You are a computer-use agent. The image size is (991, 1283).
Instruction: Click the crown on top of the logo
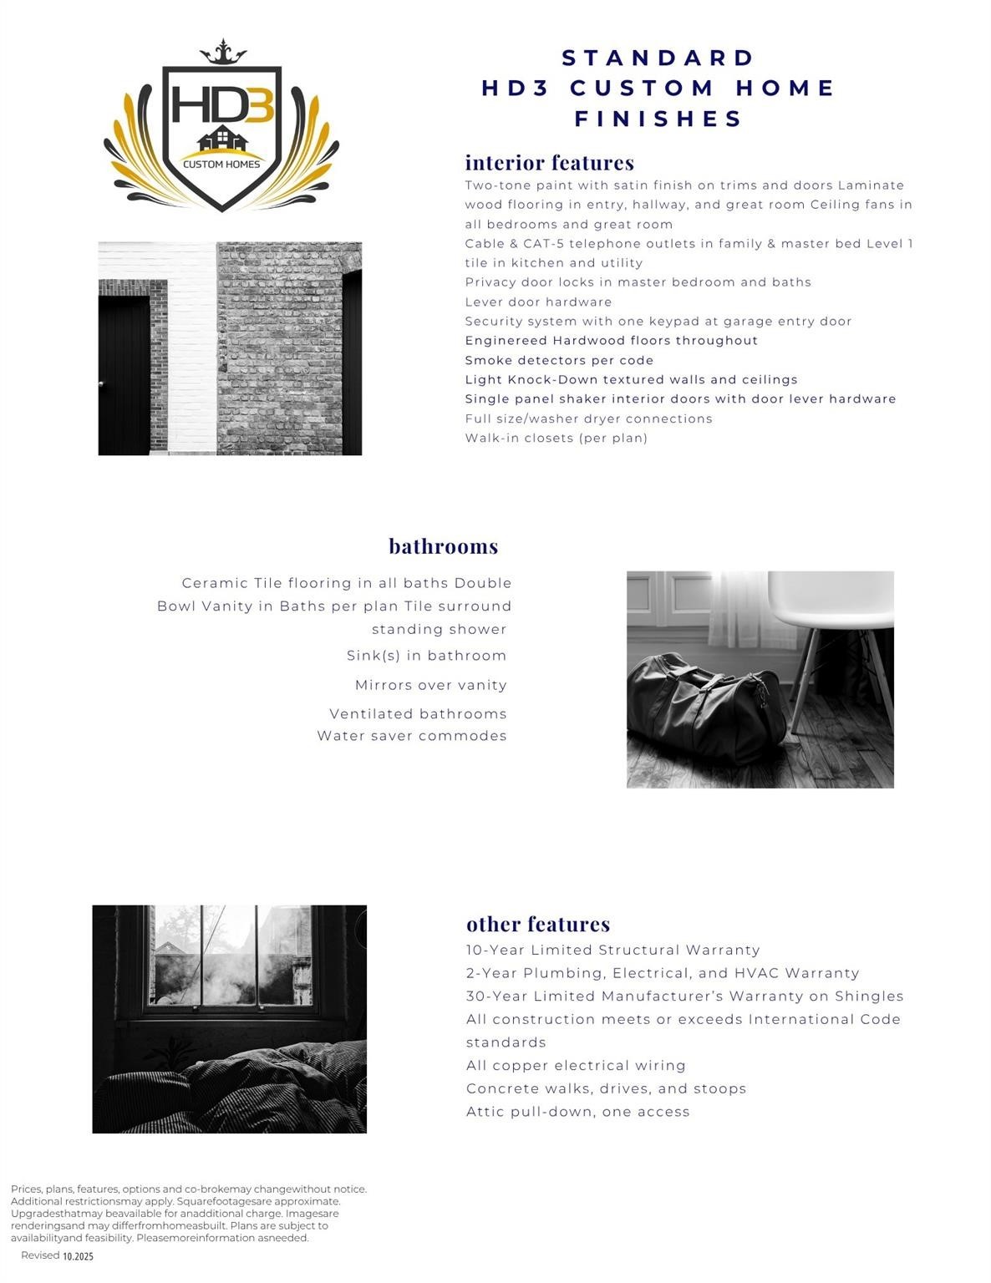[x=222, y=52]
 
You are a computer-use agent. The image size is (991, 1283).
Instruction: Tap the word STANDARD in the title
[x=658, y=58]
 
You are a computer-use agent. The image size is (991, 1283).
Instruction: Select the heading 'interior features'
[x=549, y=162]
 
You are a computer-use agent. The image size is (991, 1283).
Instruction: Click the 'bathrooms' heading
[x=443, y=546]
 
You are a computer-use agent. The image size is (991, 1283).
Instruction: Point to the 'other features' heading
[x=537, y=924]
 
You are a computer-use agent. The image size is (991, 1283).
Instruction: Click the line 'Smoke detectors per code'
[x=559, y=360]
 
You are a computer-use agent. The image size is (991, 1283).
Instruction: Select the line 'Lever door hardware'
[x=538, y=302]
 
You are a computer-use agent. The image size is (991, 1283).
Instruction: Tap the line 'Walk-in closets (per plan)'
[x=556, y=438]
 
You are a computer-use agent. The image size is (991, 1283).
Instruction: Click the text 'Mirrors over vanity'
[x=430, y=685]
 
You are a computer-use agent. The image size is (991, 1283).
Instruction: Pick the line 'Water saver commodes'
[x=411, y=736]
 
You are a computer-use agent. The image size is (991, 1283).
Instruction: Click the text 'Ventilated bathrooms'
[x=418, y=714]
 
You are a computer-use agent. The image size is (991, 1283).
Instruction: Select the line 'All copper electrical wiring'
[x=576, y=1066]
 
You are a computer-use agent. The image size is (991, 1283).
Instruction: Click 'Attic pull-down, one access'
[x=577, y=1112]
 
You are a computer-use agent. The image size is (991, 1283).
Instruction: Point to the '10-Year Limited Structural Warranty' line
[x=612, y=950]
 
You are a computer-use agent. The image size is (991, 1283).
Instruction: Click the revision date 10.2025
[x=78, y=1256]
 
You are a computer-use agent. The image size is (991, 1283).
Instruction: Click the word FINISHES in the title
[x=658, y=119]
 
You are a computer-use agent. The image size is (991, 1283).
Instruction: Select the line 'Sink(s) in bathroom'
[x=426, y=656]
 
